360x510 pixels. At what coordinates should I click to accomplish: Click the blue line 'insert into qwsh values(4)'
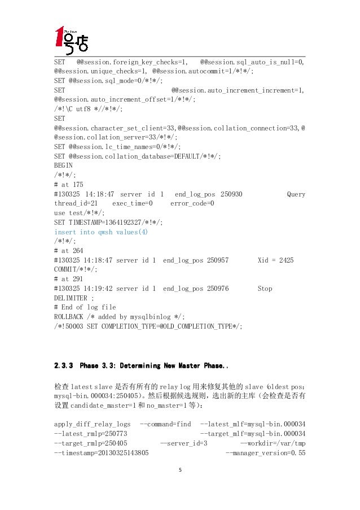pos(100,232)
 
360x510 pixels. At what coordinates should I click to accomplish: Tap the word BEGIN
pos(63,165)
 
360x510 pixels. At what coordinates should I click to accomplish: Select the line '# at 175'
pos(68,185)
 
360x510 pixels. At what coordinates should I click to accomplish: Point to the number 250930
pos(231,194)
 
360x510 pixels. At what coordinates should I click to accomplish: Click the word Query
pos(296,194)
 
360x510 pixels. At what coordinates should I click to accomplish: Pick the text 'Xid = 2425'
pos(275,260)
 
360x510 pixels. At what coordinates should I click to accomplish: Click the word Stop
pos(265,289)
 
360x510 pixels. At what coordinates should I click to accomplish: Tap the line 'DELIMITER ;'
pos(74,298)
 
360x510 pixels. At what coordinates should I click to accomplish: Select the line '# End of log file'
pos(85,307)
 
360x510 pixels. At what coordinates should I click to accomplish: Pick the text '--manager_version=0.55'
pos(265,453)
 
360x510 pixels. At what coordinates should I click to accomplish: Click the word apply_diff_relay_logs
pos(92,424)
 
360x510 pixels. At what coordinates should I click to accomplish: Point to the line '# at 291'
pos(68,279)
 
